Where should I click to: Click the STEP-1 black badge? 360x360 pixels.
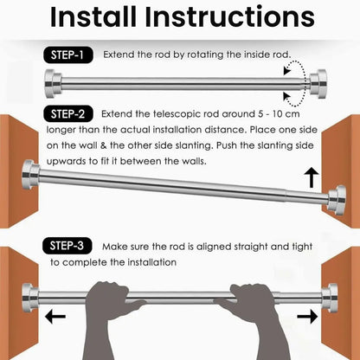click(68, 55)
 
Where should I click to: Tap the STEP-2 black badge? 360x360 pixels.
click(68, 114)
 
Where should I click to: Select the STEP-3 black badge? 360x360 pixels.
click(67, 246)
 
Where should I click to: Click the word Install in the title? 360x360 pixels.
click(93, 16)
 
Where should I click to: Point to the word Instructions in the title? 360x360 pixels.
click(229, 16)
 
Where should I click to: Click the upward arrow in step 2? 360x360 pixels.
click(312, 177)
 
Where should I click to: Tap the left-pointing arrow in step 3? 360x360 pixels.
click(55, 317)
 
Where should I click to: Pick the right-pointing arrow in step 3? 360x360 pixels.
click(307, 317)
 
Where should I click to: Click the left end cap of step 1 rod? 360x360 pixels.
click(53, 84)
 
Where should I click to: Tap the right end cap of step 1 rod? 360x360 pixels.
click(318, 84)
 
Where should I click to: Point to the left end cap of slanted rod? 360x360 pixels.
click(30, 175)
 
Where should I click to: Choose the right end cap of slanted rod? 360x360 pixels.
click(337, 200)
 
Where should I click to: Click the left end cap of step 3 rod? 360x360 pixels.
click(30, 298)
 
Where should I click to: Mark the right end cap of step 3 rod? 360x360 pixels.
click(330, 298)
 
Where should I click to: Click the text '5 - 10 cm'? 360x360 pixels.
click(279, 114)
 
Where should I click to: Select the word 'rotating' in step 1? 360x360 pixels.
click(205, 55)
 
